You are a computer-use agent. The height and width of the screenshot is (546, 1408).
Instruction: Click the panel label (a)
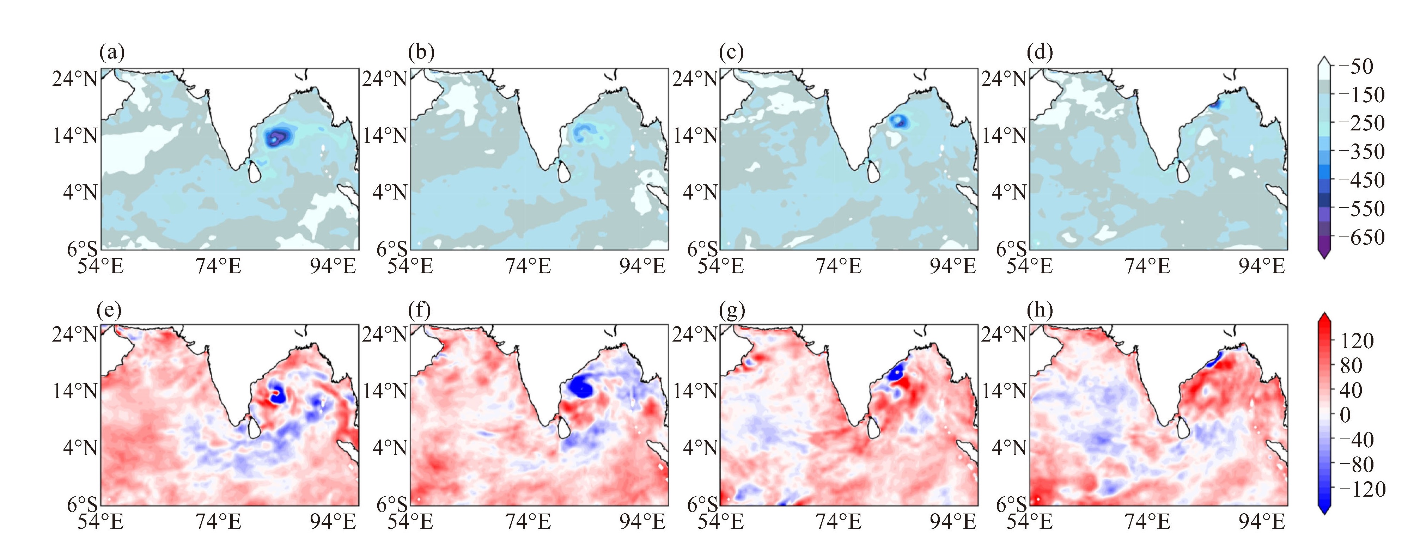[112, 53]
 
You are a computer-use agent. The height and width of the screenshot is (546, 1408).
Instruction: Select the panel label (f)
[420, 310]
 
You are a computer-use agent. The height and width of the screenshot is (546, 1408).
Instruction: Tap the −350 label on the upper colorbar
[1361, 152]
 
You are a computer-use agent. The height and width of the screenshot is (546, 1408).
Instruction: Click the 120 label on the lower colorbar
[1357, 341]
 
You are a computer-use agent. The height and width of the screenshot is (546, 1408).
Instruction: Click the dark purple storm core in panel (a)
[278, 137]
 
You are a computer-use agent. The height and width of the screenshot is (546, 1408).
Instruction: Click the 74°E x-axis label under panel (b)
[528, 266]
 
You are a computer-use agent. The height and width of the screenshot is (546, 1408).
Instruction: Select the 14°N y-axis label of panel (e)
[75, 391]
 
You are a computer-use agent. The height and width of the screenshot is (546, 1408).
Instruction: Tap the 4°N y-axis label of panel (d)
[1009, 192]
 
